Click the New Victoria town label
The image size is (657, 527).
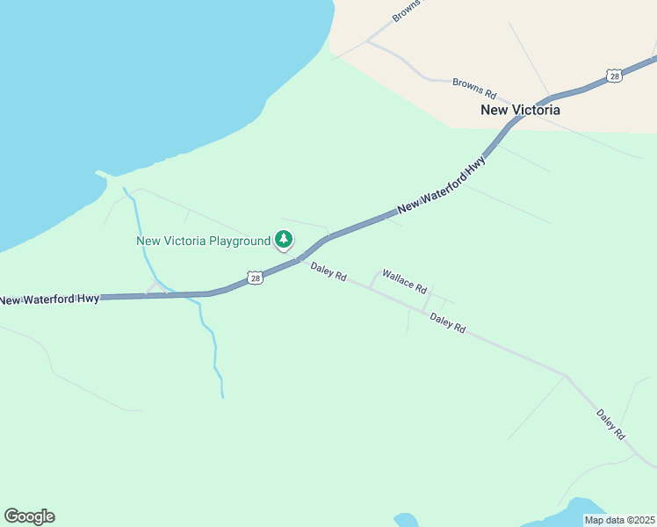520,111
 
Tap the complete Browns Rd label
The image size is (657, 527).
475,88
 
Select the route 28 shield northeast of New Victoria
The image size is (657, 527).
615,76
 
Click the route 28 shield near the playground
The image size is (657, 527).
254,278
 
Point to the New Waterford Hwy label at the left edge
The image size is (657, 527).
49,300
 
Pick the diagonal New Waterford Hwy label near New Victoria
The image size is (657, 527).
442,186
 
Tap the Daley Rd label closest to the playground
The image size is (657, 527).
328,271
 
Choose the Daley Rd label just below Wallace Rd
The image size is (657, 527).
448,323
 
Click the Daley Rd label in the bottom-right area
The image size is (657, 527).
610,424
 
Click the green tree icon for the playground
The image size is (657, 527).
284,240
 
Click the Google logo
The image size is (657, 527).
29,516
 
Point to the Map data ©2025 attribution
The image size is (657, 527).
619,520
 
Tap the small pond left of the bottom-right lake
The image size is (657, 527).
406,520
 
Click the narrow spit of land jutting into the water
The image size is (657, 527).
102,174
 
